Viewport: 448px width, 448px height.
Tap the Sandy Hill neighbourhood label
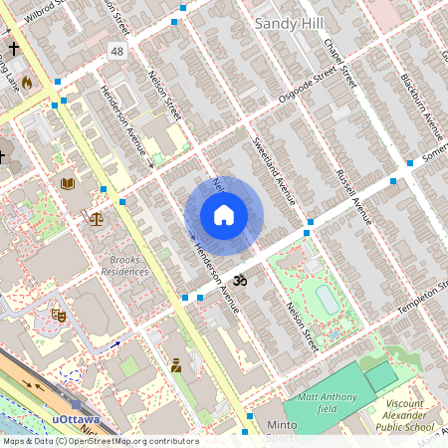click(x=289, y=22)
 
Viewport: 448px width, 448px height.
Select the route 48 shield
click(x=117, y=50)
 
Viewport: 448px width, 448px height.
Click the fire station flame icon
click(x=27, y=83)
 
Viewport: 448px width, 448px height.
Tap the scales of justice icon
click(x=96, y=218)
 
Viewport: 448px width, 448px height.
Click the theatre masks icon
click(x=59, y=316)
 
